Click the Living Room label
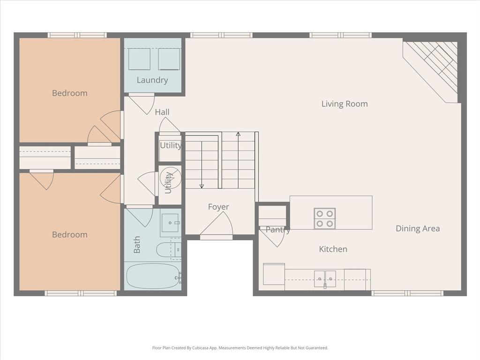(x=345, y=104)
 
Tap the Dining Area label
(x=418, y=229)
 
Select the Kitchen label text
(x=333, y=249)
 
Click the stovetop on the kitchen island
(x=324, y=218)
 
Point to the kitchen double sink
(x=324, y=278)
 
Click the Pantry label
(x=278, y=230)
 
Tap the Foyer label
(x=218, y=207)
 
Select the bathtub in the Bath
(x=153, y=276)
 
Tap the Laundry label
(x=152, y=80)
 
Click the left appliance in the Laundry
(x=139, y=59)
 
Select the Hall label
(x=162, y=112)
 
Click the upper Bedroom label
(x=70, y=93)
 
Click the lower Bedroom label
(x=70, y=235)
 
